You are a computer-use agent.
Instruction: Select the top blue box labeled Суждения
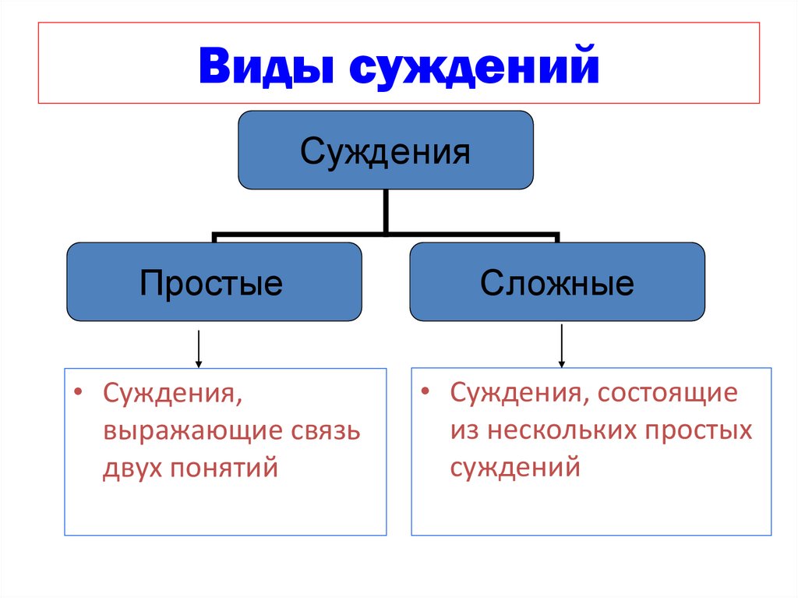(386, 150)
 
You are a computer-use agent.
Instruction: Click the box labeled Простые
(214, 282)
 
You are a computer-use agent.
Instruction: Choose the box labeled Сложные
(556, 282)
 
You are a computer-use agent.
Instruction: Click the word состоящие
(667, 392)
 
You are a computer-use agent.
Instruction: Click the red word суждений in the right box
(515, 468)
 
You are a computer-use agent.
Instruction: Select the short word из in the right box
(462, 430)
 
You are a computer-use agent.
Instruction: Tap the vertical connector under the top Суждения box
(386, 211)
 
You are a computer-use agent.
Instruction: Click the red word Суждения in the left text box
(171, 393)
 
